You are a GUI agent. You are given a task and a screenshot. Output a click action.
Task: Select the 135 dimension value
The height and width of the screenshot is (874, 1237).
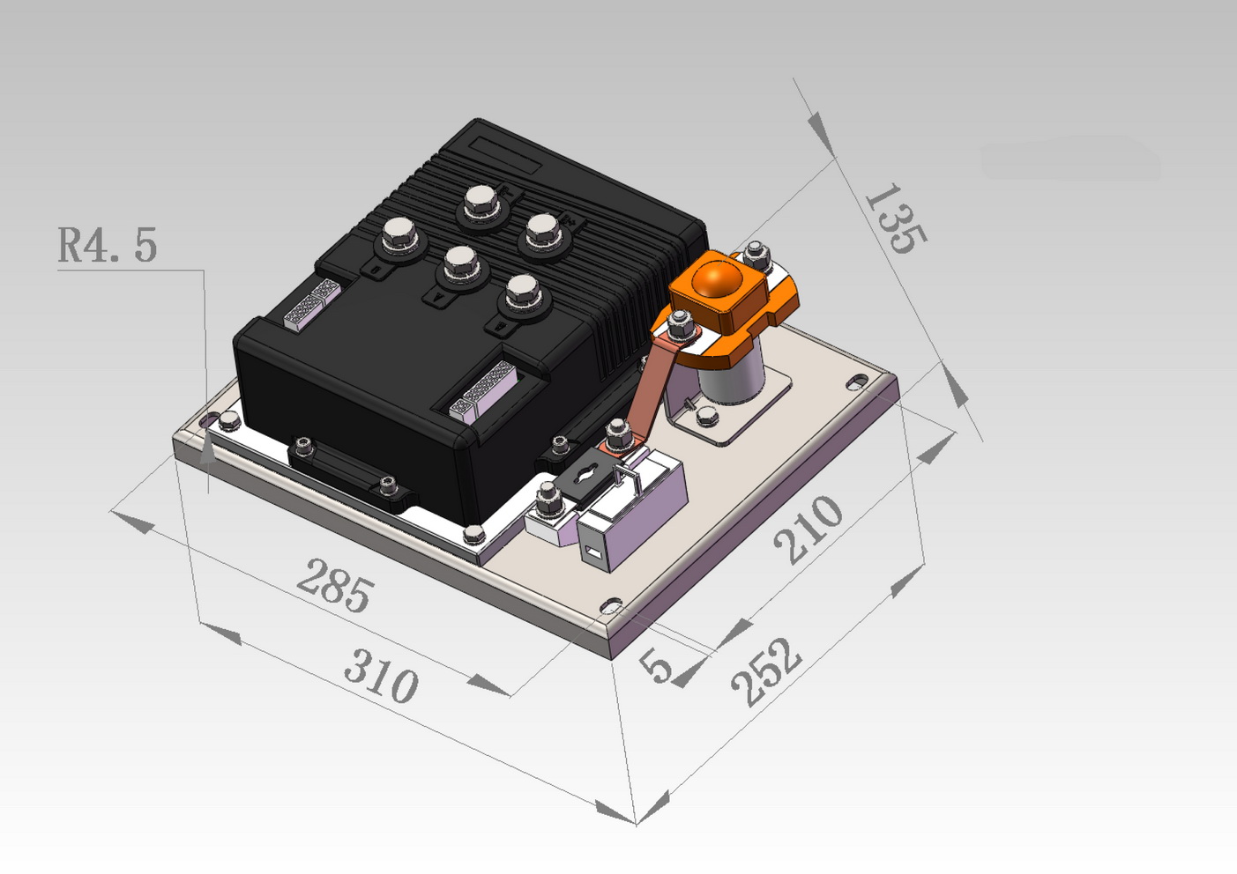(896, 218)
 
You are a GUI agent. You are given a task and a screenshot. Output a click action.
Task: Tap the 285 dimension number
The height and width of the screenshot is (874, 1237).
(335, 585)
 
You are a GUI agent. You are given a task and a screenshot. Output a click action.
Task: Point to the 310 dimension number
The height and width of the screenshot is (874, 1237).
(381, 676)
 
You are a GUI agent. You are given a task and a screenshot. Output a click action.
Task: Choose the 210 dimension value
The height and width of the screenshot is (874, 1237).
(809, 530)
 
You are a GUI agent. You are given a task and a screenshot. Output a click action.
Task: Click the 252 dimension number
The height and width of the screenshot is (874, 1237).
(766, 672)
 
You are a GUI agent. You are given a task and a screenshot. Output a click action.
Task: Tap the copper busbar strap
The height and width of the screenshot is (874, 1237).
(657, 386)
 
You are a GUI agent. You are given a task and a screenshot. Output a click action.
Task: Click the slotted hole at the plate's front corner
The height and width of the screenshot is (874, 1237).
(611, 606)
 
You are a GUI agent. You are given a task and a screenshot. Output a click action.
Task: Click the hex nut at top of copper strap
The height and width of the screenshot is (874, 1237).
(681, 324)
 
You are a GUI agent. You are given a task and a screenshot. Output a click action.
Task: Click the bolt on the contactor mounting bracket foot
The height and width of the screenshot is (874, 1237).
(707, 417)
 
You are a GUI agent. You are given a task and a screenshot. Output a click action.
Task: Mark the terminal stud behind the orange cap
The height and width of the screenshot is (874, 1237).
(757, 256)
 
